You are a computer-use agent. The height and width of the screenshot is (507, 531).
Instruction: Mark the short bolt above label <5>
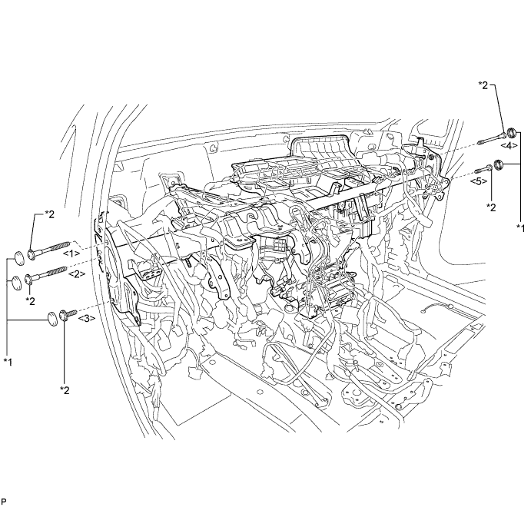483,167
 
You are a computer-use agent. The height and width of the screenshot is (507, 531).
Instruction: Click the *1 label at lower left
9,360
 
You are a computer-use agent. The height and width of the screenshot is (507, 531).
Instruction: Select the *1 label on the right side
522,228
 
